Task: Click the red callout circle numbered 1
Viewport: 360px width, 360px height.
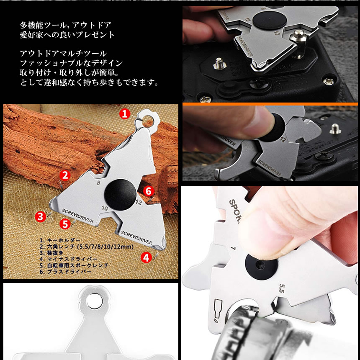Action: [125, 113]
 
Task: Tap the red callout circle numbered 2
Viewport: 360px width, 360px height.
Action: [64, 175]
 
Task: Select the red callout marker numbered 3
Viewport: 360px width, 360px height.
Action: [40, 216]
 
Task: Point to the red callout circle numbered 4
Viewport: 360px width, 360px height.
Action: [146, 257]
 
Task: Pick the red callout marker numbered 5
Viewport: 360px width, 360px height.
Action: [64, 224]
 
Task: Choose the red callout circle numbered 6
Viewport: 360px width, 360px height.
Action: [149, 191]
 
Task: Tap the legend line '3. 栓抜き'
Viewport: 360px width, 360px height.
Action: [51, 253]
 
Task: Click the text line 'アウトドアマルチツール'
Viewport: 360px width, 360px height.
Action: [63, 54]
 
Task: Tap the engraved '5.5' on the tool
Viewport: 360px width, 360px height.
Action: [282, 288]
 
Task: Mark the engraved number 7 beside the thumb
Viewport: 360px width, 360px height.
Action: [234, 249]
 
